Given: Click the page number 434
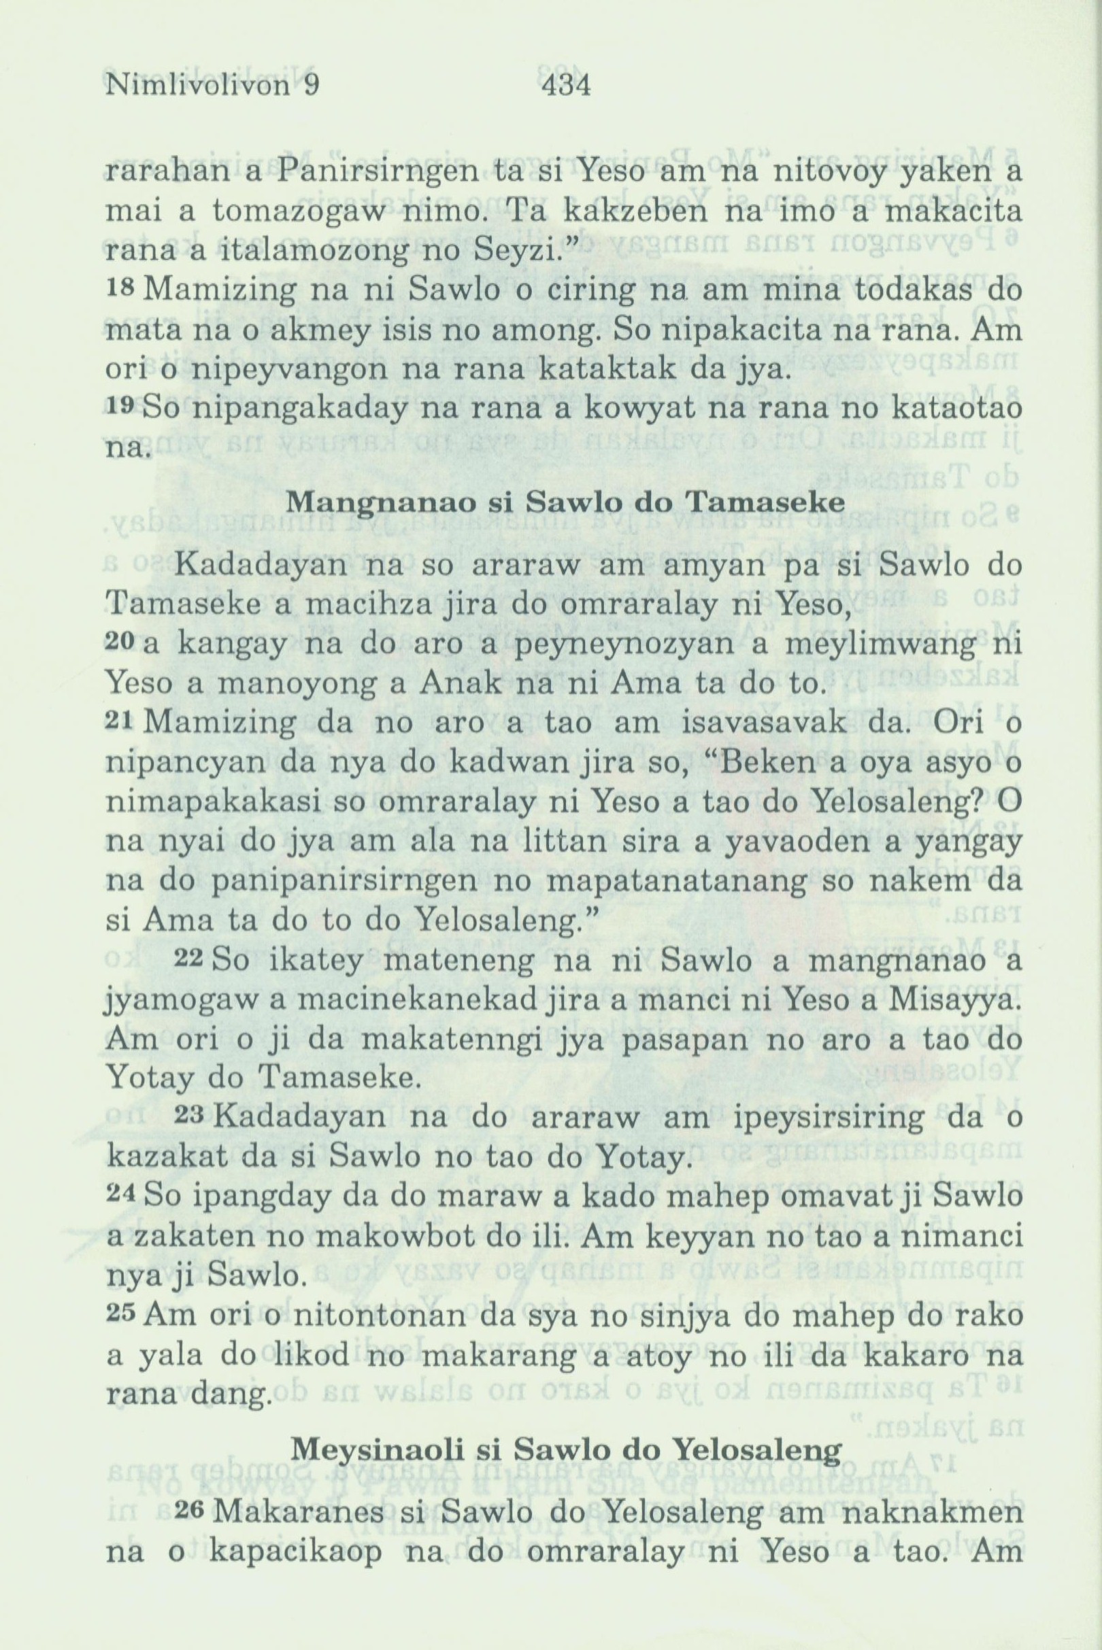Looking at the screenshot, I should coord(567,86).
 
